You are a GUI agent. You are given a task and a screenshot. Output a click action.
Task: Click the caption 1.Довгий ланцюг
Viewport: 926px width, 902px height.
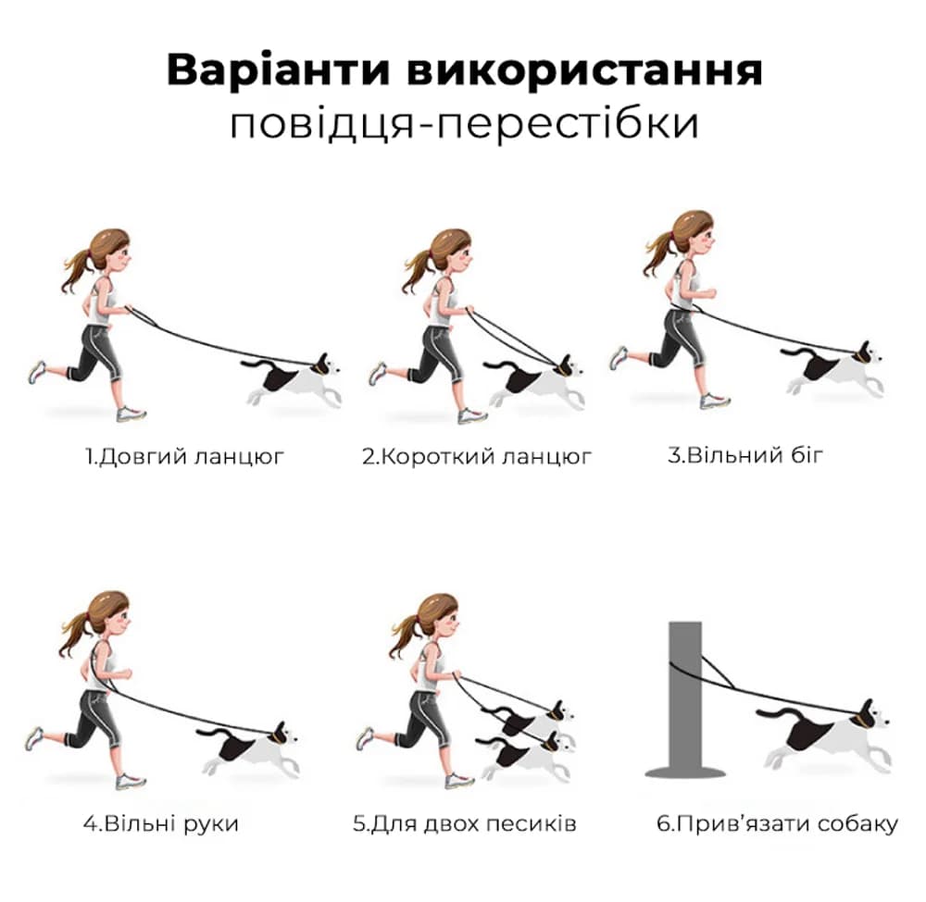click(184, 456)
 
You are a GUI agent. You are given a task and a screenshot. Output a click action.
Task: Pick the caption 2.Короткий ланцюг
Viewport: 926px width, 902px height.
click(476, 456)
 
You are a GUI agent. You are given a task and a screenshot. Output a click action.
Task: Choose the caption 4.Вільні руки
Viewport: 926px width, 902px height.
click(160, 822)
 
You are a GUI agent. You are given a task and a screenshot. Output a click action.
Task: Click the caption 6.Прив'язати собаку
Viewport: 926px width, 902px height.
click(776, 822)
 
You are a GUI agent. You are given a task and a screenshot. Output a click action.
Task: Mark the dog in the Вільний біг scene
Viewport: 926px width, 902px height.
click(833, 368)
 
